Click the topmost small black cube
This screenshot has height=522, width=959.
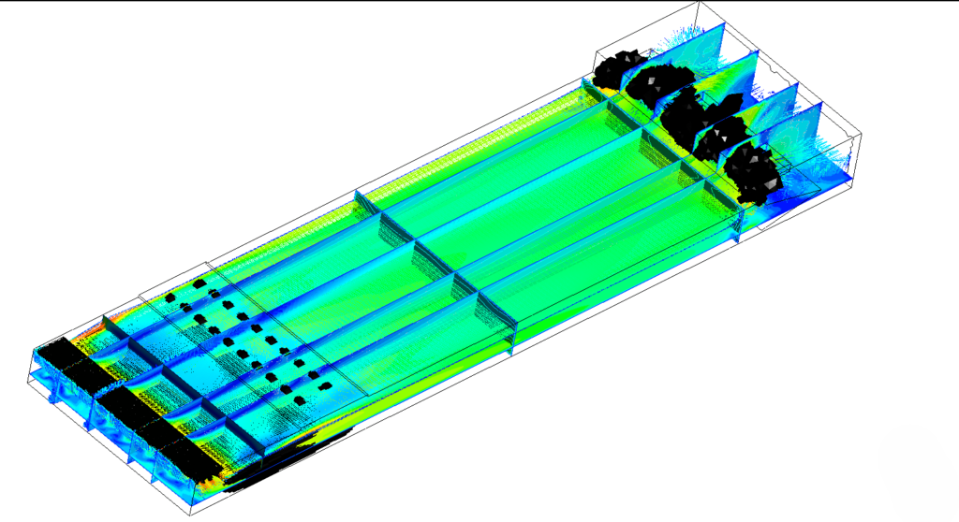pyautogui.click(x=199, y=281)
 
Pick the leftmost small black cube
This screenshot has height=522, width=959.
pyautogui.click(x=170, y=297)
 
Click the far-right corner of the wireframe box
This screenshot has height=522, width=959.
pyautogui.click(x=860, y=140)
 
